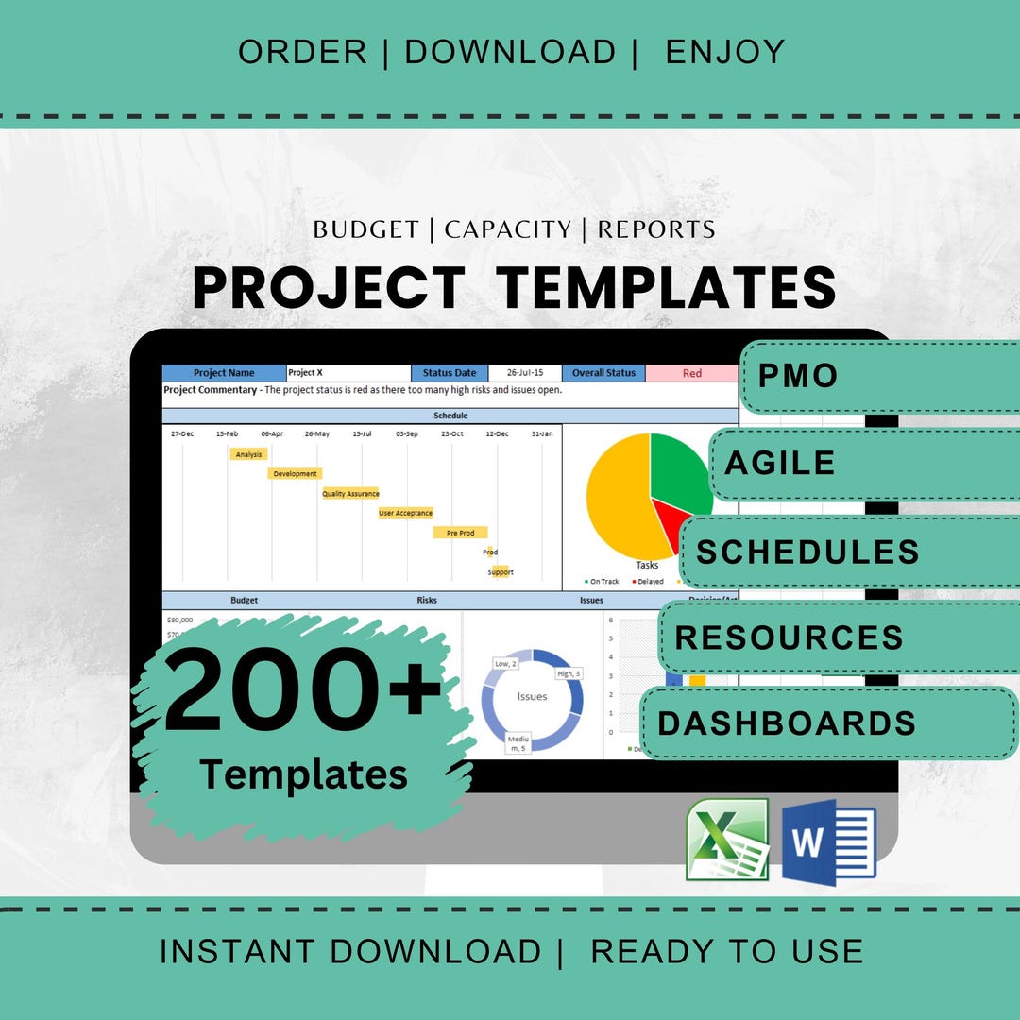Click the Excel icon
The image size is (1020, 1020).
pos(727,840)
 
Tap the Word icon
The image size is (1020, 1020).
pos(829,841)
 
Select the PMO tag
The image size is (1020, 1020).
pos(798,376)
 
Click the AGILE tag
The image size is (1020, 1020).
pos(780,463)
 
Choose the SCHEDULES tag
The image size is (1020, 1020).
pos(807,552)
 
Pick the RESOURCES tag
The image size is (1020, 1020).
pos(790,637)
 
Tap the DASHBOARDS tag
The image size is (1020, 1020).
pos(787,722)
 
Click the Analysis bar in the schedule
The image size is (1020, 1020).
pos(248,454)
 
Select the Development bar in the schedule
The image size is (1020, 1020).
pos(295,473)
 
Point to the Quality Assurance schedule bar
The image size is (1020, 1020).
pos(350,493)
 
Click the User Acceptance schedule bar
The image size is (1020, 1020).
pos(405,513)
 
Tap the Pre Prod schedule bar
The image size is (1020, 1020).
pos(460,533)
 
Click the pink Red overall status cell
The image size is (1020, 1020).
pos(691,373)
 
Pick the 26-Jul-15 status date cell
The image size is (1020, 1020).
pos(525,373)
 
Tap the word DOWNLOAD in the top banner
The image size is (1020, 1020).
pos(510,53)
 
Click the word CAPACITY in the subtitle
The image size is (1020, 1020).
pos(508,229)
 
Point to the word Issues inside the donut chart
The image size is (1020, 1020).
pos(532,696)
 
